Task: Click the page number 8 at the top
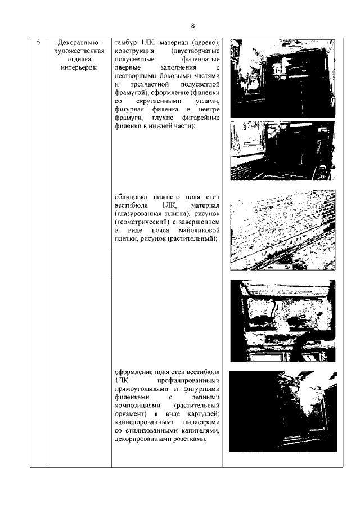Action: point(192,26)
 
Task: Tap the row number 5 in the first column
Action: point(37,43)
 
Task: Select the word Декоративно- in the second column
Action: point(79,43)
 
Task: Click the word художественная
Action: point(79,51)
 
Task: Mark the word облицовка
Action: point(132,197)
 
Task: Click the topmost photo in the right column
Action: point(282,78)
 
